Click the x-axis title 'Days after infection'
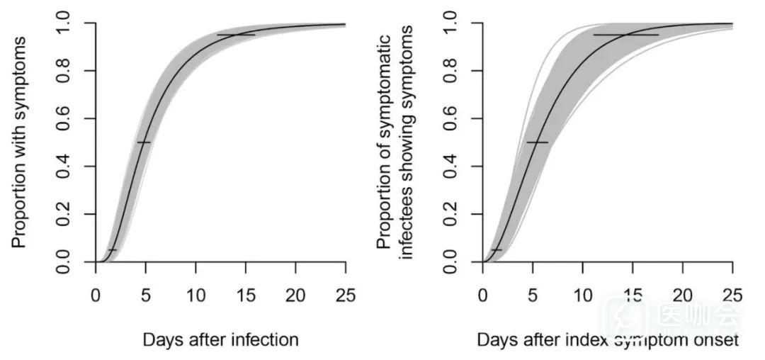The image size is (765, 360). click(x=220, y=340)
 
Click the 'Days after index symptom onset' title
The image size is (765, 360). click(x=608, y=340)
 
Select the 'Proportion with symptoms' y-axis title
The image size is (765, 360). click(x=19, y=142)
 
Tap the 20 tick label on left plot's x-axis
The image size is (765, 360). click(x=296, y=295)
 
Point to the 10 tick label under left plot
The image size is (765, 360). click(x=195, y=295)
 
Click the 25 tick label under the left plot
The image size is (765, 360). click(x=346, y=295)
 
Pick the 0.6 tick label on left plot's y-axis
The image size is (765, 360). click(x=64, y=118)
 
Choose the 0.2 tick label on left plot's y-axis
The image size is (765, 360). click(x=64, y=214)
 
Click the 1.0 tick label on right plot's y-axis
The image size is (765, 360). click(x=452, y=23)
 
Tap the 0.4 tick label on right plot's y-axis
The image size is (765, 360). click(x=452, y=167)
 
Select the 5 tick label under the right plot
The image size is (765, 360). click(x=532, y=295)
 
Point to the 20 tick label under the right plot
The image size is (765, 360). click(x=683, y=295)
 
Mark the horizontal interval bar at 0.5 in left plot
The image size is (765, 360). click(x=144, y=142)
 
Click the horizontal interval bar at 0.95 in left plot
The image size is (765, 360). click(x=236, y=35)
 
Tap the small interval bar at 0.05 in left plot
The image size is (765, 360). click(x=112, y=250)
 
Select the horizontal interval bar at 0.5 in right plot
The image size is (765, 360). click(x=537, y=142)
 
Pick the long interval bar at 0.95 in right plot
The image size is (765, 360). click(x=626, y=35)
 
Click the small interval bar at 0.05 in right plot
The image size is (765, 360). click(x=496, y=250)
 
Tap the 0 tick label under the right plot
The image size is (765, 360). click(x=482, y=295)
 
